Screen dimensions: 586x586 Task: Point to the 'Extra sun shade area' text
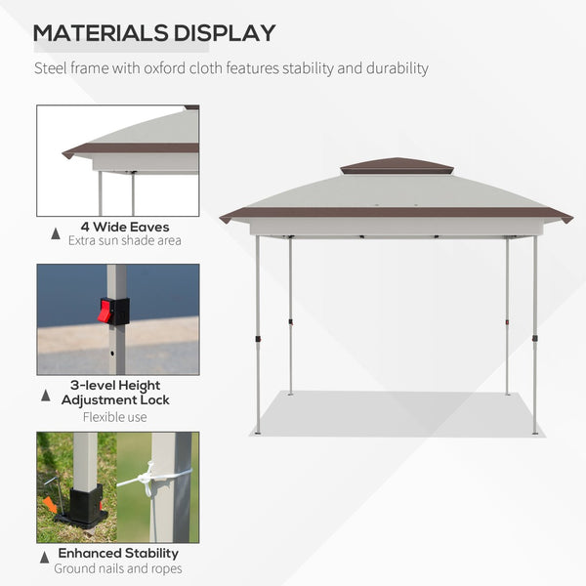[125, 240]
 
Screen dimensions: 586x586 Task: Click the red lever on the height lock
[105, 311]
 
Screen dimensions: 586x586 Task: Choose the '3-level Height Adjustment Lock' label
[115, 393]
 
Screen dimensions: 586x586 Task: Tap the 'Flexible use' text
[115, 416]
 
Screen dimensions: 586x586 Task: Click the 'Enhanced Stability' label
[117, 554]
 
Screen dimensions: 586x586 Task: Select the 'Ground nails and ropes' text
[117, 568]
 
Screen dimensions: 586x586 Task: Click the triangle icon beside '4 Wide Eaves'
[54, 234]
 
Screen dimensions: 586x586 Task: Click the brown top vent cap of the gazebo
[397, 166]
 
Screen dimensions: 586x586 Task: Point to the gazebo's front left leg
[258, 332]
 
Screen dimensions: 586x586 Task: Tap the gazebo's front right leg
[534, 332]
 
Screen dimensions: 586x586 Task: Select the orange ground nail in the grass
[50, 504]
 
